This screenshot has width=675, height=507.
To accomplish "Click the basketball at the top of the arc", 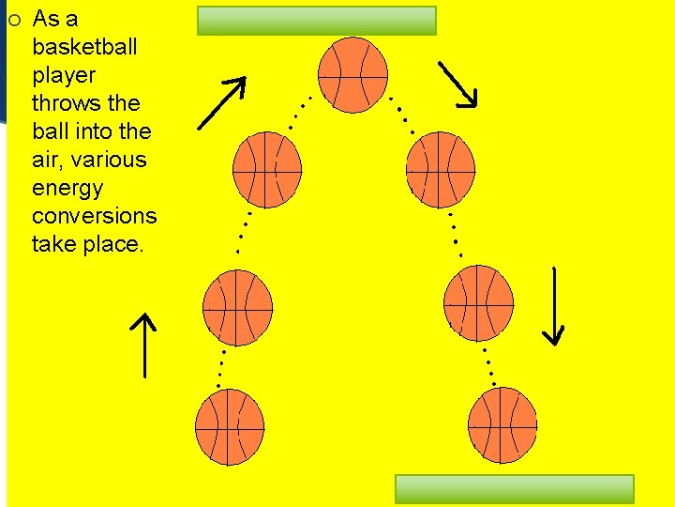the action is (x=352, y=74).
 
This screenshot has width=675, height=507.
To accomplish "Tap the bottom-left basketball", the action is (x=230, y=428).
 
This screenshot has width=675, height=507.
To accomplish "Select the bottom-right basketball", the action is (x=502, y=425).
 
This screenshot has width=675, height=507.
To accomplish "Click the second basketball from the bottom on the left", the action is (x=237, y=306).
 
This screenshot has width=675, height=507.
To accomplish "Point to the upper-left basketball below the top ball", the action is (x=266, y=169).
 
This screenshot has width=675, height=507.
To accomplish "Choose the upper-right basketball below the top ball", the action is (x=441, y=169).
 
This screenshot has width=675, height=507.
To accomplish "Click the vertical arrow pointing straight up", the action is (x=143, y=346).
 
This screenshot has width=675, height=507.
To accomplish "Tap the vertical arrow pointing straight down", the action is (x=554, y=306).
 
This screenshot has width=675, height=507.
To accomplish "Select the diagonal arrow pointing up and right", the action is (x=223, y=101).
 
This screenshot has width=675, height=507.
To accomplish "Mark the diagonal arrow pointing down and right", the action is (x=458, y=84).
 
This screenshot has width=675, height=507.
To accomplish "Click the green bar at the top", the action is (x=317, y=21).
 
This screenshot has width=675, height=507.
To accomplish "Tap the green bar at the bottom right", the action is (x=515, y=489).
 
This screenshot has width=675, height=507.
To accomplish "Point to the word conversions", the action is (x=95, y=216).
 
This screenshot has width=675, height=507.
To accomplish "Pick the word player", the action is (x=64, y=75).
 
